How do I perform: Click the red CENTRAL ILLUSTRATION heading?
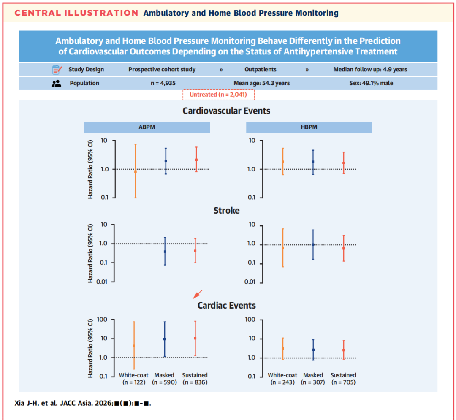[x=76, y=13]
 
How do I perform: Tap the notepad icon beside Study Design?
[x=57, y=70]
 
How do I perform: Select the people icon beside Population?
[x=56, y=84]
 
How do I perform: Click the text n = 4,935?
[x=163, y=84]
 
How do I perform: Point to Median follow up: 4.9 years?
[x=370, y=70]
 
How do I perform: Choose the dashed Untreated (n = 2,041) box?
[x=218, y=95]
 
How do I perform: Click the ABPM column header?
[x=147, y=127]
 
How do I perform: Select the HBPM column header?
[x=309, y=127]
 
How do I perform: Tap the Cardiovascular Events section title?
[x=226, y=111]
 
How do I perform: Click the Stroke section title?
[x=227, y=211]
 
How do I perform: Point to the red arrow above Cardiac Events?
[x=198, y=294]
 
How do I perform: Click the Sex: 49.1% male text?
[x=371, y=84]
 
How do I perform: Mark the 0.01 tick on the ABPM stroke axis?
[x=102, y=282]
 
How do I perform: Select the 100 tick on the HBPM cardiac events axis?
[x=250, y=320]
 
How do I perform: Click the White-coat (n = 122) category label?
[x=134, y=379]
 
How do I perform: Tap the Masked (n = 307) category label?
[x=313, y=379]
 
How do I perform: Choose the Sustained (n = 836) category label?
[x=195, y=379]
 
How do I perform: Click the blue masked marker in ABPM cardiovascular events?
[x=166, y=161]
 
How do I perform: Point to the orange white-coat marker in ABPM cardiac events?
[x=134, y=346]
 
